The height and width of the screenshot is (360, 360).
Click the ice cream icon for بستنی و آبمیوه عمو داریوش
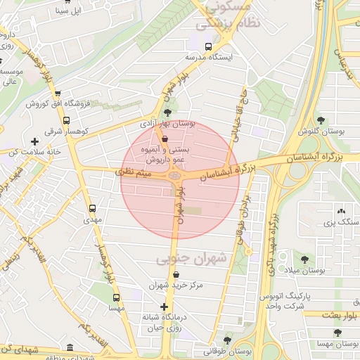(x=165, y=139)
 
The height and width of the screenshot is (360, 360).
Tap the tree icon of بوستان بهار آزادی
(x=167, y=112)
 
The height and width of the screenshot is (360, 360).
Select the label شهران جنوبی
(x=191, y=259)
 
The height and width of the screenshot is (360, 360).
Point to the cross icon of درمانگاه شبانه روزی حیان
(x=165, y=307)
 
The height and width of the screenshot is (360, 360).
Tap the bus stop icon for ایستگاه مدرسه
(x=207, y=46)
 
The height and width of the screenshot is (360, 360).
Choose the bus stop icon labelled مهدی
(x=93, y=208)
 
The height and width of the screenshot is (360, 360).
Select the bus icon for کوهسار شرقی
(x=66, y=120)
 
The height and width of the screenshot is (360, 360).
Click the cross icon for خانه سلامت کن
(x=34, y=141)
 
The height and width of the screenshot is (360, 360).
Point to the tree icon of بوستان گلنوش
(x=321, y=120)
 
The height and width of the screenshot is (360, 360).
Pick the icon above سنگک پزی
(x=341, y=210)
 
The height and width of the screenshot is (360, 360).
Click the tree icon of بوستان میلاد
(x=304, y=259)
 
